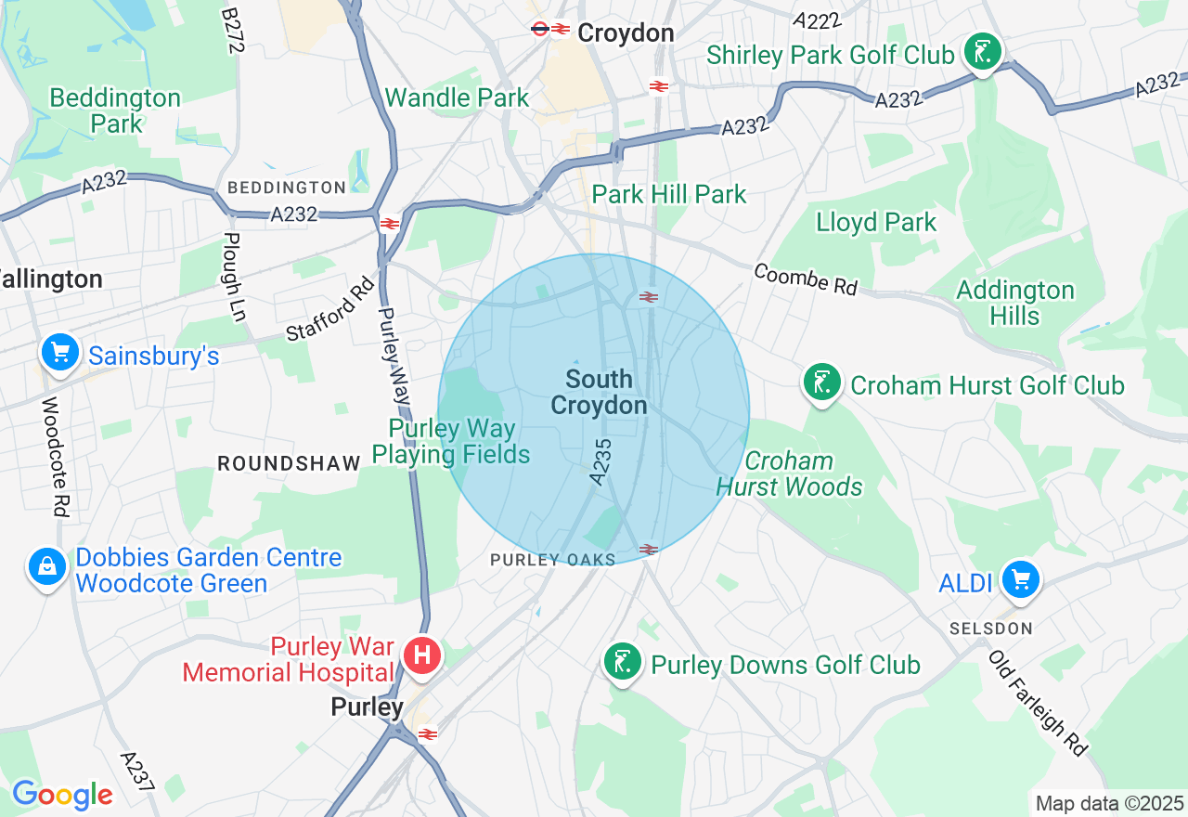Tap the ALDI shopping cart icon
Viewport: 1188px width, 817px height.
tap(1021, 580)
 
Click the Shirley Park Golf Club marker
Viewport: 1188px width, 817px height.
tap(982, 52)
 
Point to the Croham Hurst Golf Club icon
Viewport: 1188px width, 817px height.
tap(821, 383)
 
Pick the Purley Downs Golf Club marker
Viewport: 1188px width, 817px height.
tap(623, 663)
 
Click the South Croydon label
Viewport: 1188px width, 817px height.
tap(599, 392)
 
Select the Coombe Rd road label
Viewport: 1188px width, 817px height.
tap(805, 279)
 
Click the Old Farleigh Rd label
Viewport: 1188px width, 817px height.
tap(1038, 703)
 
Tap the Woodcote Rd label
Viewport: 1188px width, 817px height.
tap(57, 457)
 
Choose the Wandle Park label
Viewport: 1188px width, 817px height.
tap(457, 97)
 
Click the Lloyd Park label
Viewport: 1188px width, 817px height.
tap(876, 223)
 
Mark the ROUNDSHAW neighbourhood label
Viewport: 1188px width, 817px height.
tap(288, 463)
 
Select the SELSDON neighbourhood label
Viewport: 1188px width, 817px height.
tap(990, 629)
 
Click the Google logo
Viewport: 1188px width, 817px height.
tap(61, 795)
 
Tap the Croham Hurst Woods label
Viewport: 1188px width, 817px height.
tap(789, 473)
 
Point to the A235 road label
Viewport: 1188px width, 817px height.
tap(600, 461)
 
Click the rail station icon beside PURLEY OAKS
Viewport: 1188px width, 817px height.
tap(649, 550)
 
